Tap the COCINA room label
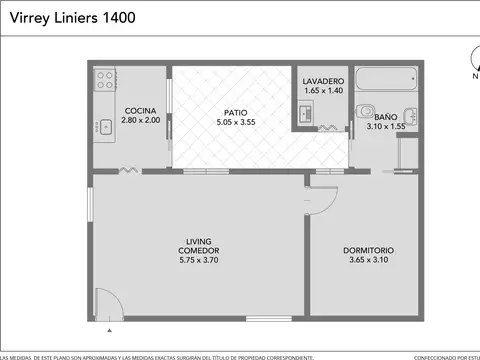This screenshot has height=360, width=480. coord(139,110)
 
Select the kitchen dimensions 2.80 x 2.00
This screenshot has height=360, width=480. coord(139,120)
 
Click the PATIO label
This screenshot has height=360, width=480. coord(236,112)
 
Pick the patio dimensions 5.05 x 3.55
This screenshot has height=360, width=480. coord(236,122)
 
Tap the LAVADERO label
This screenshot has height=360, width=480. coord(324,80)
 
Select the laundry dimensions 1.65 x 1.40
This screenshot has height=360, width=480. coord(324,90)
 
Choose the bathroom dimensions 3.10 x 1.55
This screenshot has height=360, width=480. coord(385,127)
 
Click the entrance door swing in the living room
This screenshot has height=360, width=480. coord(108,302)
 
